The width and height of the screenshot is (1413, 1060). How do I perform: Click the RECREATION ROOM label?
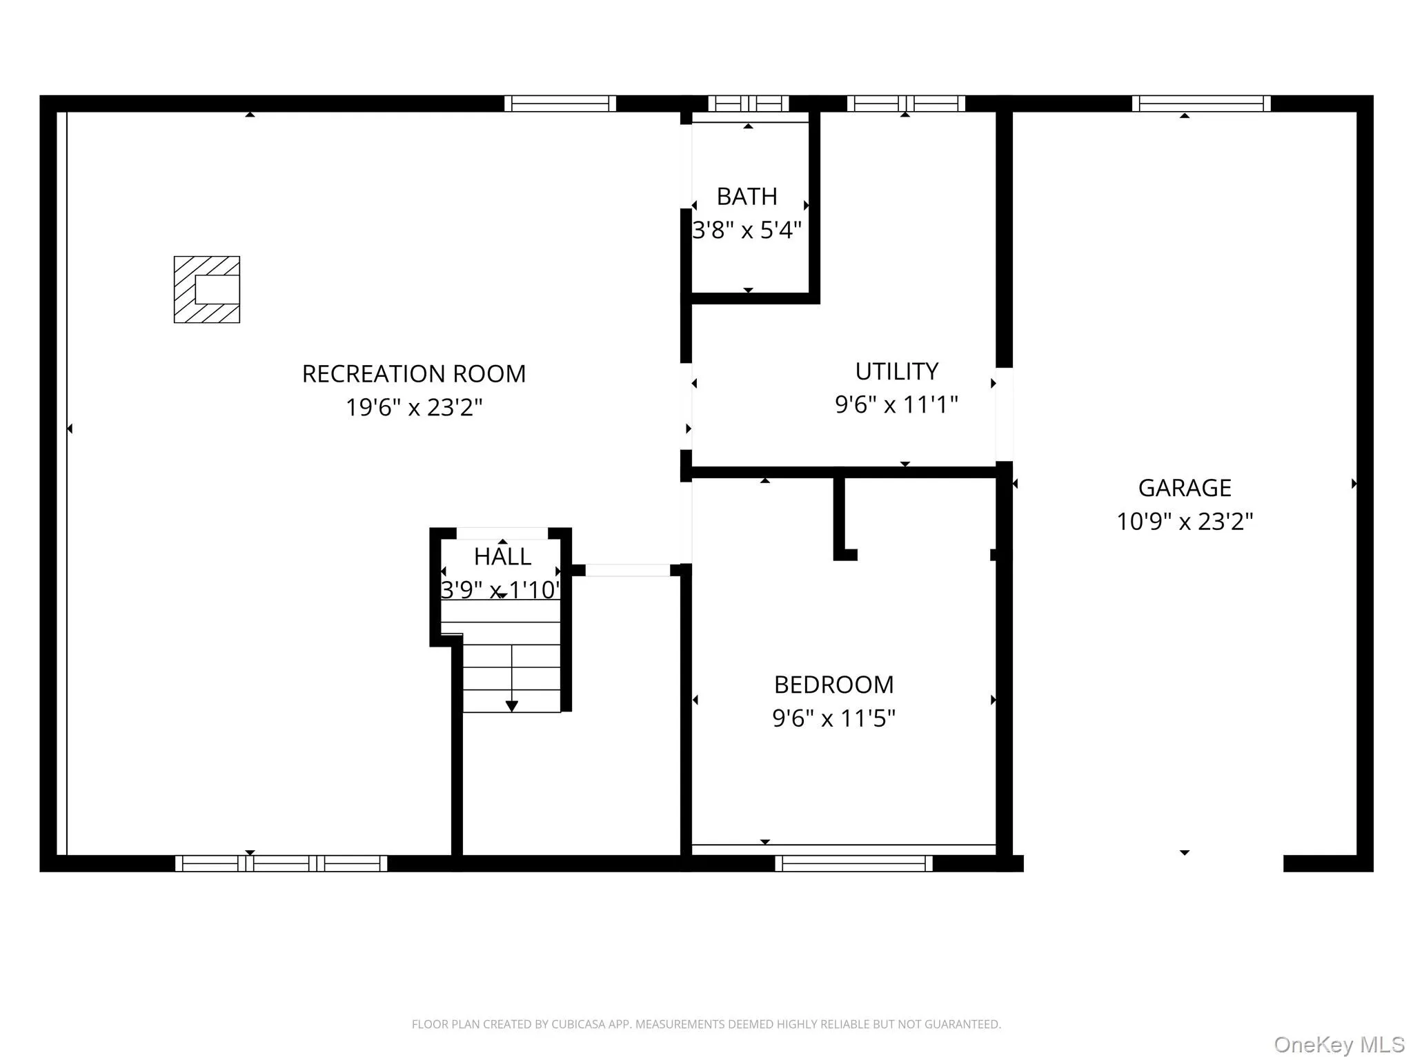tap(414, 374)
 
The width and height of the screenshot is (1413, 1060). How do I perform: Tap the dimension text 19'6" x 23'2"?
tap(414, 407)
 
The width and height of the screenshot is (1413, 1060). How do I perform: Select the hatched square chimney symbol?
tap(207, 290)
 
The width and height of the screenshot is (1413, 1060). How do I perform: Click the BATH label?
tap(747, 197)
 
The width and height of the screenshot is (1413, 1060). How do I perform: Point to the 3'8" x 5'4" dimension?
tap(747, 230)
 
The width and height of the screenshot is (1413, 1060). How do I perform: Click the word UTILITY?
tap(896, 371)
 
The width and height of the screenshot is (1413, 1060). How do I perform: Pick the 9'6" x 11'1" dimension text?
tap(896, 404)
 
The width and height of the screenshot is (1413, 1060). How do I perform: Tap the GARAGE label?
tap(1184, 488)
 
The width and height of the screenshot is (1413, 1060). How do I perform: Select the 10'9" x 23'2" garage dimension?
tap(1184, 521)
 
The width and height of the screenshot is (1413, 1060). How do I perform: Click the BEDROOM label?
tap(833, 685)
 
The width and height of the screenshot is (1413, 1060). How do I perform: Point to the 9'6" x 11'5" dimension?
tap(833, 718)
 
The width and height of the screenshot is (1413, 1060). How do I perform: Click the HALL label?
tap(502, 556)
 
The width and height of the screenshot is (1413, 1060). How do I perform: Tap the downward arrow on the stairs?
tap(511, 705)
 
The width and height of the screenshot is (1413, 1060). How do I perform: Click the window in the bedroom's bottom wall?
tap(853, 863)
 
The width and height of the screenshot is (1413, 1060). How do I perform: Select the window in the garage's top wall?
tap(1200, 104)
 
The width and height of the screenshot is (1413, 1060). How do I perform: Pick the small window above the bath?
tap(749, 104)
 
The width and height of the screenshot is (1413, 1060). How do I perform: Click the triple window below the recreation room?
tap(281, 863)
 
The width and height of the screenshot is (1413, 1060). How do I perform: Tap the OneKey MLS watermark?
tap(1338, 1045)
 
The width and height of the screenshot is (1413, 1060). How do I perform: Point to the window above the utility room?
tap(905, 104)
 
